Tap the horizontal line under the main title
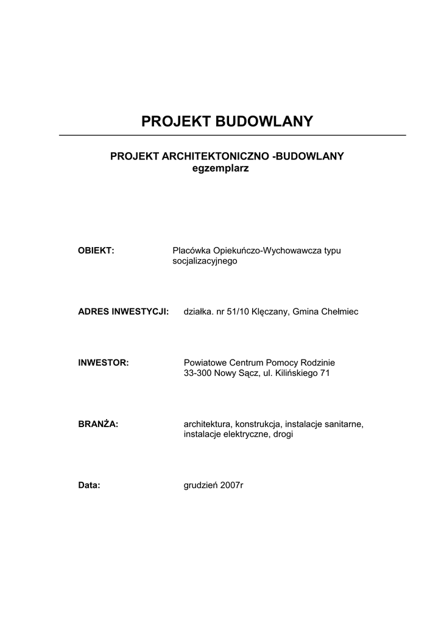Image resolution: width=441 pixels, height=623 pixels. click(232, 135)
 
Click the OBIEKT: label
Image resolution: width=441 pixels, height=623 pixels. click(97, 251)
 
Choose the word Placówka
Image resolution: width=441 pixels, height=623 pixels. click(191, 251)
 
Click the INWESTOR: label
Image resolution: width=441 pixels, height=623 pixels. click(104, 363)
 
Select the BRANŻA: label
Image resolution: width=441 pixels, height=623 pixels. click(98, 424)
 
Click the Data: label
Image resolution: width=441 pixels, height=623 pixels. click(89, 486)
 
